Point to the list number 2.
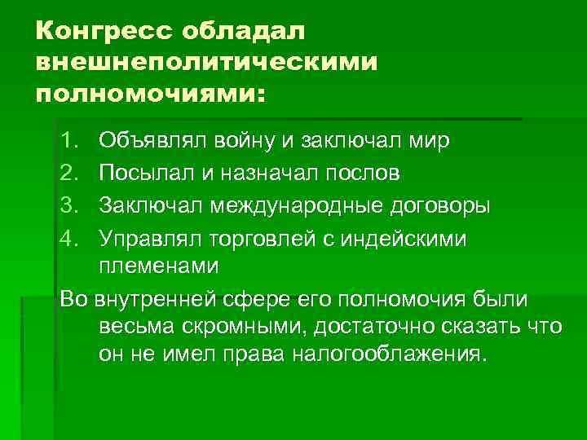pyautogui.click(x=68, y=172)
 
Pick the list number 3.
pyautogui.click(x=68, y=203)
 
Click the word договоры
pyautogui.click(x=444, y=203)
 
